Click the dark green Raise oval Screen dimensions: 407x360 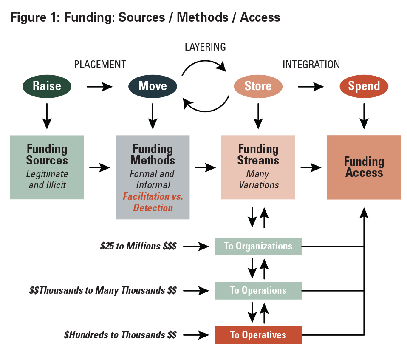47,86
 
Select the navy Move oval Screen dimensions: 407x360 153,86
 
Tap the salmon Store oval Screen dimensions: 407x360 258,86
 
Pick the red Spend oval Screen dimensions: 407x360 364,86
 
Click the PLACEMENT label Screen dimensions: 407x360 100,65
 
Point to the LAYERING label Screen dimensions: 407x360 205,47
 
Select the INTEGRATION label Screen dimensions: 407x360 311,65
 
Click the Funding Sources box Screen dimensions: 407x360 47,167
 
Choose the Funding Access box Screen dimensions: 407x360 364,167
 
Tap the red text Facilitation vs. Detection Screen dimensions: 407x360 153,202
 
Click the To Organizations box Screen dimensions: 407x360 258,246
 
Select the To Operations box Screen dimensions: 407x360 258,291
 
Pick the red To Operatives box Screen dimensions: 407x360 258,335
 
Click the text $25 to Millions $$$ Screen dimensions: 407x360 138,246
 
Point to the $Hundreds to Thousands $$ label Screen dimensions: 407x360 120,335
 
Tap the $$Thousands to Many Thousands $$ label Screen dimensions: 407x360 103,290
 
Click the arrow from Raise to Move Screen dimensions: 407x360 100,87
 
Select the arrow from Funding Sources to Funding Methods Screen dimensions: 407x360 100,167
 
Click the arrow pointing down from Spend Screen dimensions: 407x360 364,116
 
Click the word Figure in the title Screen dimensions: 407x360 28,18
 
